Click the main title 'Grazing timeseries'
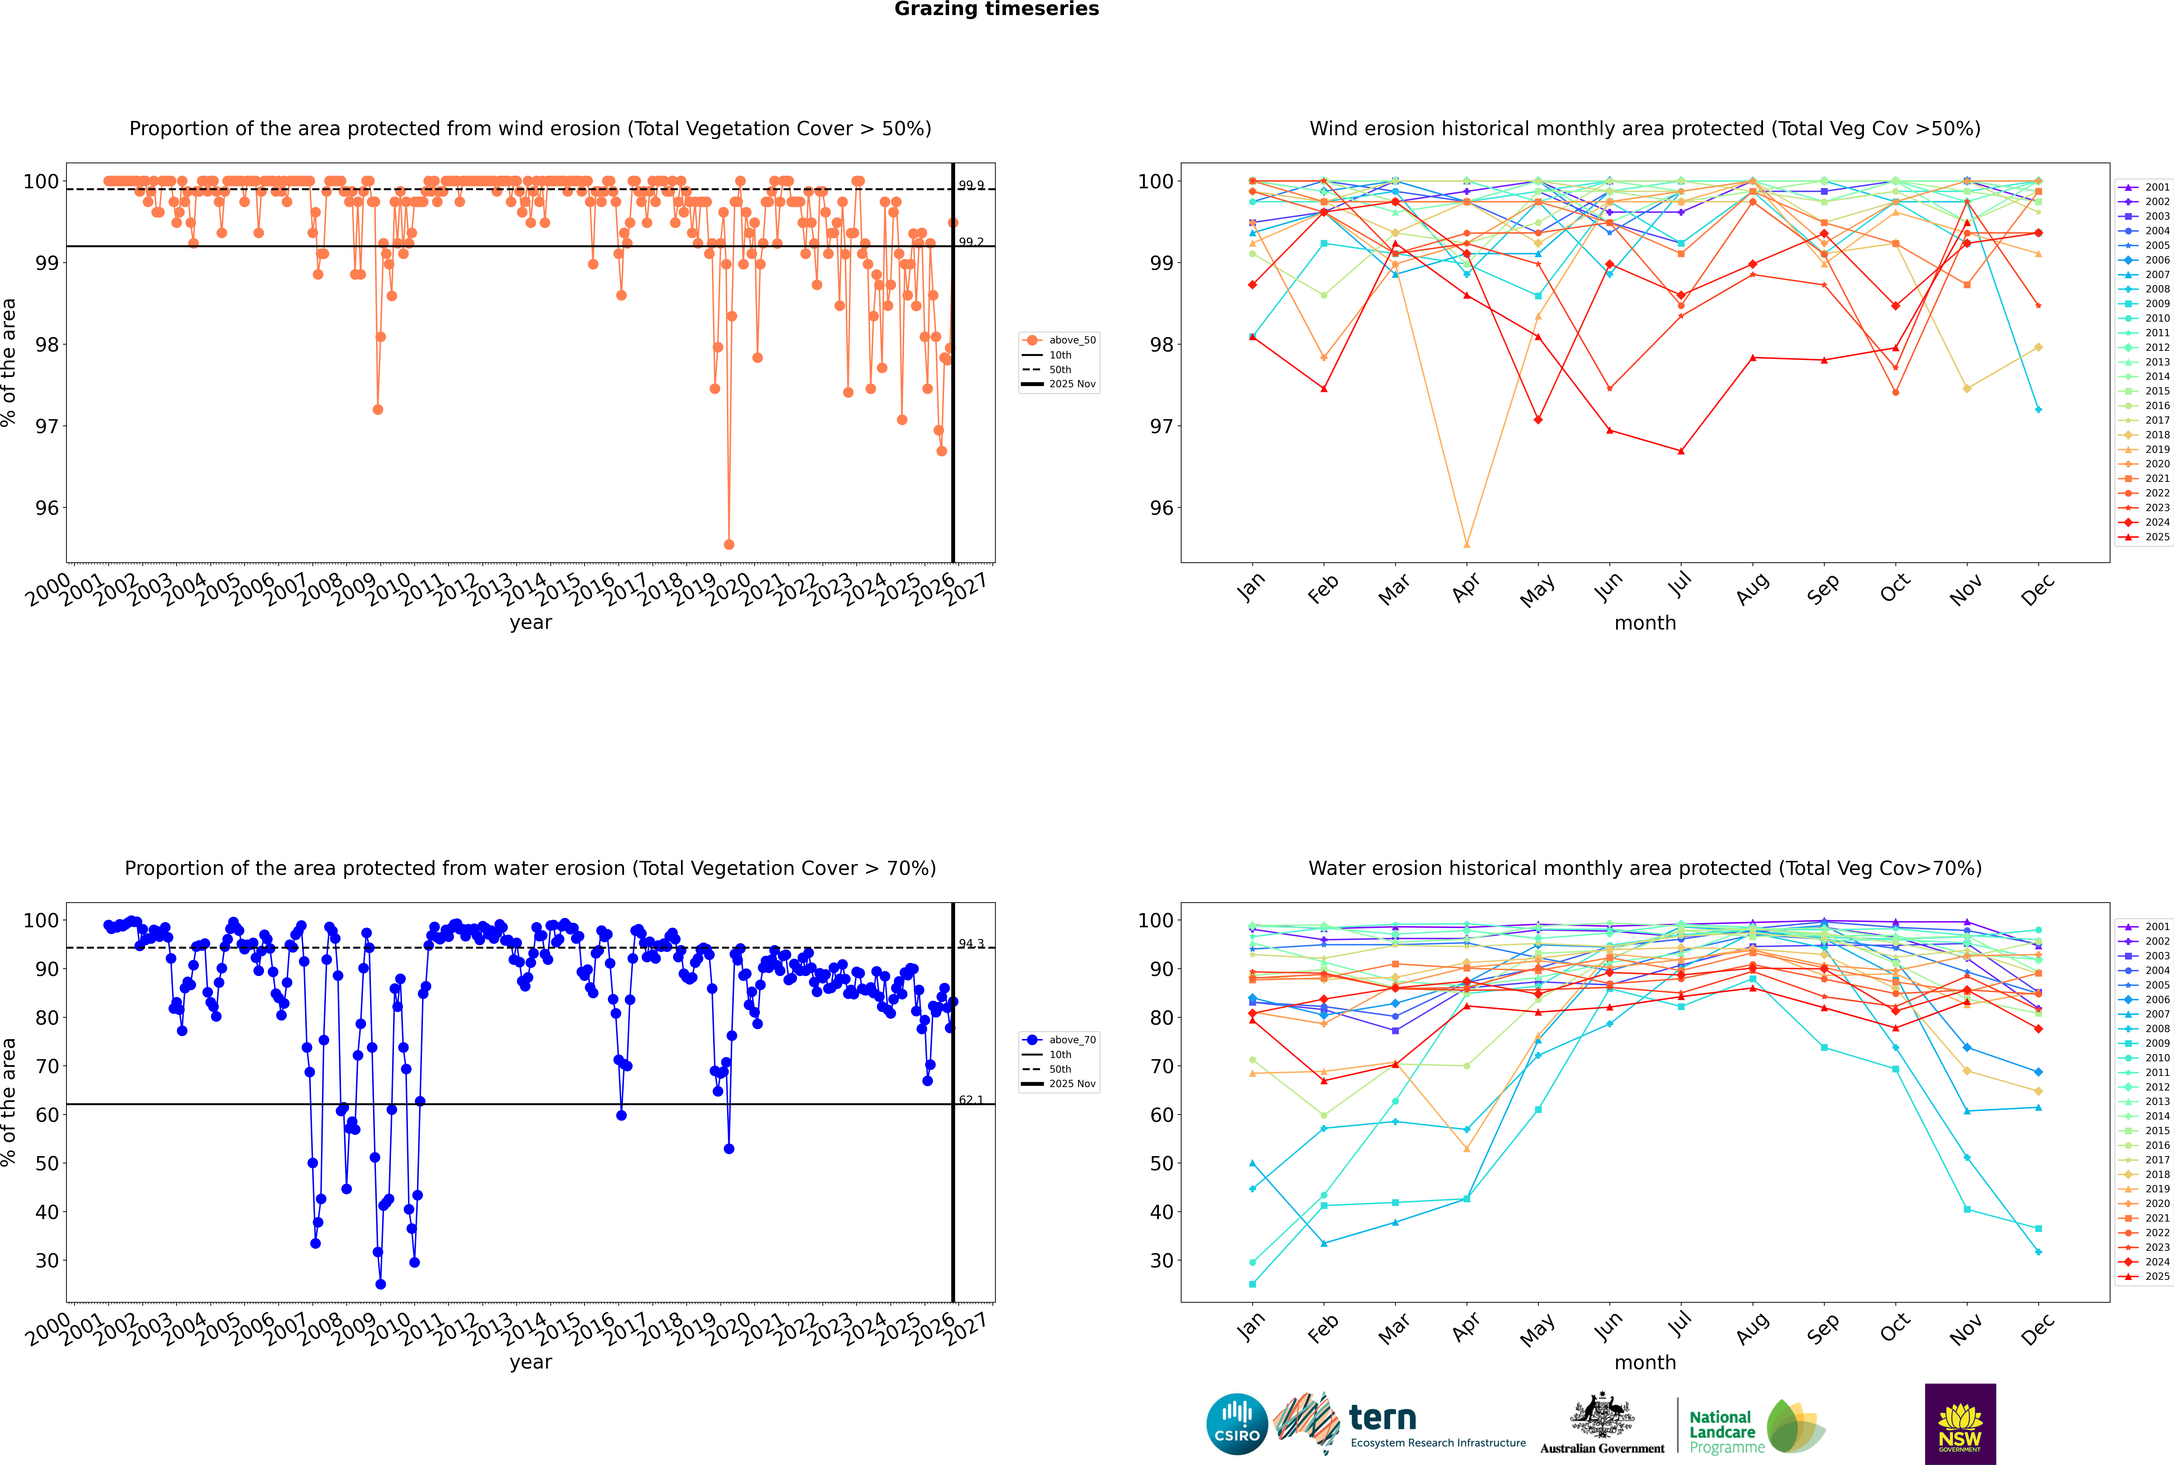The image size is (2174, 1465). [996, 9]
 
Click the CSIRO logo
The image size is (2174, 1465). [1236, 1424]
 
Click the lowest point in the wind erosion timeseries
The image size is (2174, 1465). [729, 544]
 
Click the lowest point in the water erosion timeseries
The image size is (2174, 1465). [380, 1284]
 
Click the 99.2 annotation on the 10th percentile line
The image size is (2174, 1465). [971, 242]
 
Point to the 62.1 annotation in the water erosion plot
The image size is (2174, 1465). [971, 1100]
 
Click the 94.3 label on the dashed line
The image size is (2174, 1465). [971, 944]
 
